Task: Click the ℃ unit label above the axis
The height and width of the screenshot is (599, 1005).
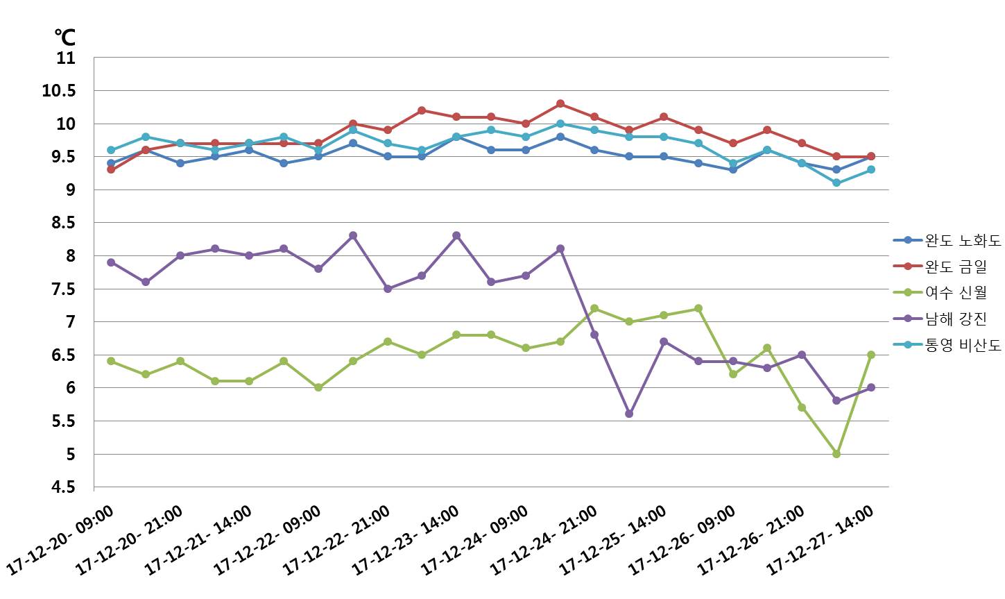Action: [64, 37]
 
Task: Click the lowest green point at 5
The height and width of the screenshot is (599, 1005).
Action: [836, 454]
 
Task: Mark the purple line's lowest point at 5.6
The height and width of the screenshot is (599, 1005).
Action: [629, 414]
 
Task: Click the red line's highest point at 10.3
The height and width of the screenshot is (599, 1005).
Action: [560, 103]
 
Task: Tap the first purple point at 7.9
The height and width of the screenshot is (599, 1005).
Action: [111, 262]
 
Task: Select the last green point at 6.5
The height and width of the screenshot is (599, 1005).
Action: [871, 355]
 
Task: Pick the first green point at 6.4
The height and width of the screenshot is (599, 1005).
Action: [111, 361]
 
